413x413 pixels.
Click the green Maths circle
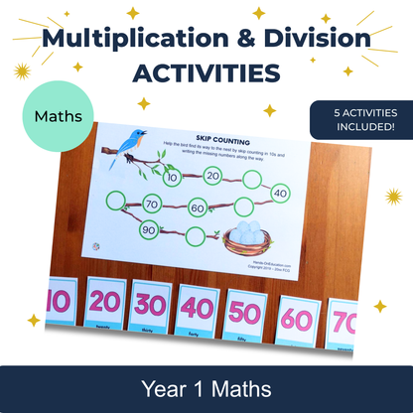[58, 116]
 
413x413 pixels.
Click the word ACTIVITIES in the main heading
[206, 73]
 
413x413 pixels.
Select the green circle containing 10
[172, 178]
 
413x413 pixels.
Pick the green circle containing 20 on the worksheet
[210, 175]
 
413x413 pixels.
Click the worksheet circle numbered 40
[279, 192]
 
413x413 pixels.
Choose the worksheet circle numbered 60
[198, 207]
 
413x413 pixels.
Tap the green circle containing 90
[147, 229]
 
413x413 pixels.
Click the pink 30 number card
[150, 303]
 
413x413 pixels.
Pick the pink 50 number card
[244, 309]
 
